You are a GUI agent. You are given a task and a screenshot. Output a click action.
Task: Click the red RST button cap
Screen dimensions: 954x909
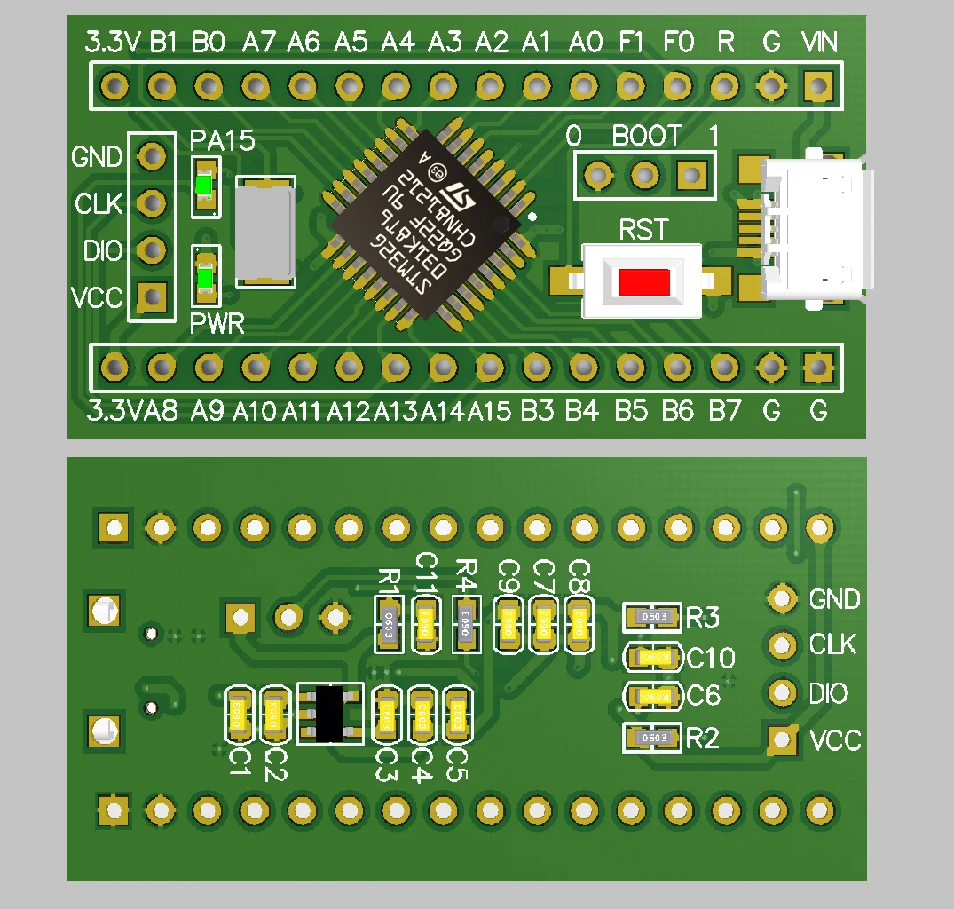click(x=643, y=282)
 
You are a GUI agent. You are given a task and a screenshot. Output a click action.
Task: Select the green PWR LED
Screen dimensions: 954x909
click(x=206, y=280)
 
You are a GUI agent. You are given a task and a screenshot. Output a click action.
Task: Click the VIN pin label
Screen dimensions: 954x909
click(x=819, y=42)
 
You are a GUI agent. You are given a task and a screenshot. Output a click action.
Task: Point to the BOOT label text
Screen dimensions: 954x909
click(x=647, y=137)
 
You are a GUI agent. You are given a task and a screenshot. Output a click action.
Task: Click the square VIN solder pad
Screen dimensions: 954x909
click(x=817, y=86)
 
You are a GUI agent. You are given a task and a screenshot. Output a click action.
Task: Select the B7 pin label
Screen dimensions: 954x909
click(x=724, y=411)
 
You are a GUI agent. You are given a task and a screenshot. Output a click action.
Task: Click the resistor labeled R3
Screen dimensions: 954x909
click(x=654, y=617)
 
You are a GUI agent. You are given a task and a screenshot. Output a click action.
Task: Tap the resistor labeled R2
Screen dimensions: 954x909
click(x=654, y=738)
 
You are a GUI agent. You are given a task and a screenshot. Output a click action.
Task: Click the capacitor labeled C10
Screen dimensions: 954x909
click(x=654, y=657)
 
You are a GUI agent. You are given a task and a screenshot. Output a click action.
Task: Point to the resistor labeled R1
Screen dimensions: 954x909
click(x=389, y=623)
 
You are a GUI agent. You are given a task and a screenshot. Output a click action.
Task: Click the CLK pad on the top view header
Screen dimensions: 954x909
click(x=154, y=203)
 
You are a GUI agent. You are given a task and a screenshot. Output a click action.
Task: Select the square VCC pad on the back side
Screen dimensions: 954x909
click(x=782, y=739)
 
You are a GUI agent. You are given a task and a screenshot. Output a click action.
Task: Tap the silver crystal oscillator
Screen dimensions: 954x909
click(x=264, y=230)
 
